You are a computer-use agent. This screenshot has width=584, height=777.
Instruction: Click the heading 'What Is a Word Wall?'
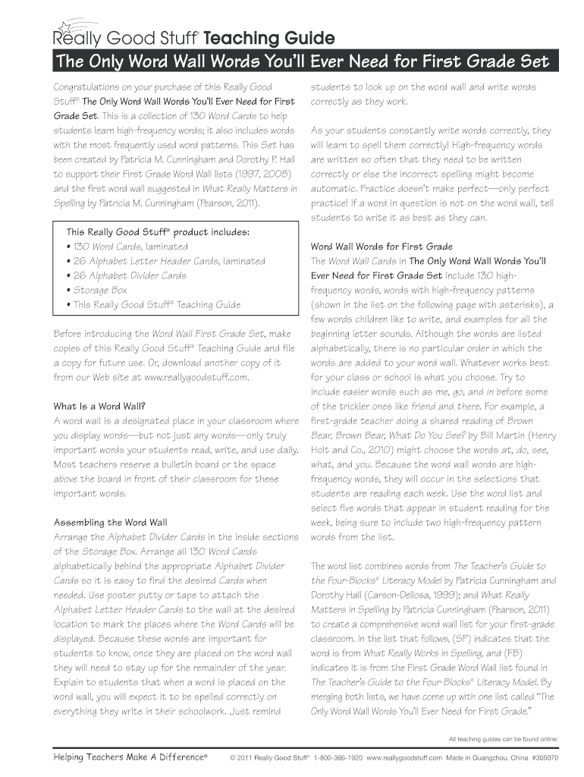pos(99,405)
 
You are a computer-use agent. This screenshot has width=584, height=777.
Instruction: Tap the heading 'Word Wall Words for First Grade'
pos(381,247)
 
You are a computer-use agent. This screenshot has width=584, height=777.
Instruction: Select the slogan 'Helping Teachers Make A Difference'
pos(130,757)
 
